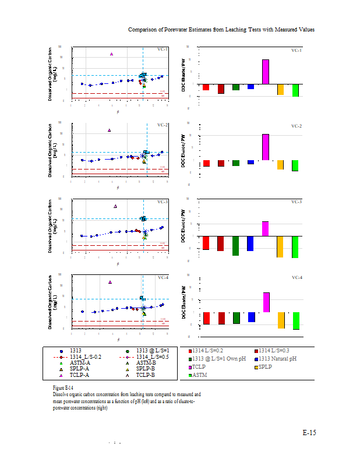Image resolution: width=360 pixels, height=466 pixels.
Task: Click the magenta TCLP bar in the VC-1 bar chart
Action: (x=266, y=72)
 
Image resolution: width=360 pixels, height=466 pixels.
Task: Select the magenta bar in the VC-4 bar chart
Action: (x=266, y=302)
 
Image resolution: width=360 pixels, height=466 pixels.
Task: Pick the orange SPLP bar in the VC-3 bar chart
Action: (x=280, y=246)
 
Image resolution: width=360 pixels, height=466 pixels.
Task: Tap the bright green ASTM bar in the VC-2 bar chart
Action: (x=295, y=165)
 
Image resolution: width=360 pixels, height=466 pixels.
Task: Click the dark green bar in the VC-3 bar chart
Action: (x=235, y=246)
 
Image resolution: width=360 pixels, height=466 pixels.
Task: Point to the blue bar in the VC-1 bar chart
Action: (x=250, y=87)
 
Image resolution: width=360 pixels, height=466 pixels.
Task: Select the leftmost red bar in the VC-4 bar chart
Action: (x=206, y=318)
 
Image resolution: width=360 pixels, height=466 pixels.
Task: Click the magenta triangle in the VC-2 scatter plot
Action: (x=109, y=130)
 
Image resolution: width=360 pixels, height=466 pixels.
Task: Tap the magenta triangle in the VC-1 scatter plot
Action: (x=111, y=54)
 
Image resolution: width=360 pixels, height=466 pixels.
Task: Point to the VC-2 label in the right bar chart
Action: (x=297, y=126)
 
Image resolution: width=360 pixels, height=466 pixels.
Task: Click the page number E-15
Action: (x=309, y=433)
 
